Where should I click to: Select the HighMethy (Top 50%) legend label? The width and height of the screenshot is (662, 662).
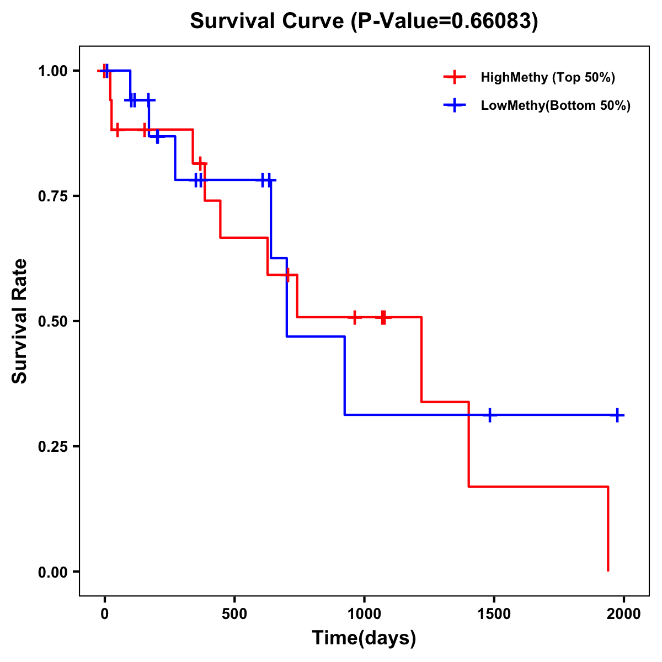pos(547,77)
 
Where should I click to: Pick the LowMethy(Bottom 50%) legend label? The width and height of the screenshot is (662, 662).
pos(555,105)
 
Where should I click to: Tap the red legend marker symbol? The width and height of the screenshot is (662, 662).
pos(454,77)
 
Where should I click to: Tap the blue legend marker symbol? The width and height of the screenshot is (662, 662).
pos(454,105)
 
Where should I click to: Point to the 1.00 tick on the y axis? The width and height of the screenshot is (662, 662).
pos(52,71)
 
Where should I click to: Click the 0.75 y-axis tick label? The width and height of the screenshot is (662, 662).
pos(52,196)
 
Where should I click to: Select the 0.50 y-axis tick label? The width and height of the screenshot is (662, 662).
pos(52,322)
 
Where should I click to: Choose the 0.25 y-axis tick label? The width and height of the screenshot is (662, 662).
pos(52,447)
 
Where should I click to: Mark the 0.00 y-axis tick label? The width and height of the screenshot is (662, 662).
pos(52,572)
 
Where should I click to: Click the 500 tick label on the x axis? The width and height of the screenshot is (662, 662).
pos(234,613)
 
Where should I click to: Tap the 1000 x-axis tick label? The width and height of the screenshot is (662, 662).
pos(364,613)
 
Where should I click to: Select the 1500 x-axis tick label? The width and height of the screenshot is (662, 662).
pos(494,613)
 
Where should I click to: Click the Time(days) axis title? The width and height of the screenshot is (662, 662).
pos(364,638)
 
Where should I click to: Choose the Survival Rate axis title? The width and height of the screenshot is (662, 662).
pos(20,321)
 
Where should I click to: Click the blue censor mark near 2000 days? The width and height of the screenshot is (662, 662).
pos(617,415)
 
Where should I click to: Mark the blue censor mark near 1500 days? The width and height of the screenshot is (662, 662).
pos(489,415)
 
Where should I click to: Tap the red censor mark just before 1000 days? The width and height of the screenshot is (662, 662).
pos(355,317)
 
